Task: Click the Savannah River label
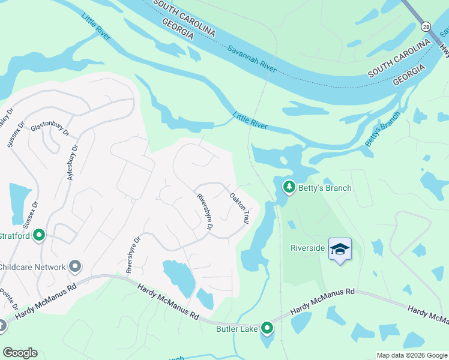click(x=252, y=59)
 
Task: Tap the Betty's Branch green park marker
click(x=289, y=188)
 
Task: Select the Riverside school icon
click(x=340, y=249)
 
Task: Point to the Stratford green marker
click(x=40, y=235)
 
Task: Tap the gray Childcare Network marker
click(x=75, y=266)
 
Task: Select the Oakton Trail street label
click(x=239, y=208)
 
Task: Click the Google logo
click(x=20, y=353)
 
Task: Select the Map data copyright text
click(x=412, y=355)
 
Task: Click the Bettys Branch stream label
click(x=382, y=129)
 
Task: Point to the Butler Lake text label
click(x=237, y=328)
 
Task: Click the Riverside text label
click(x=307, y=247)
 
